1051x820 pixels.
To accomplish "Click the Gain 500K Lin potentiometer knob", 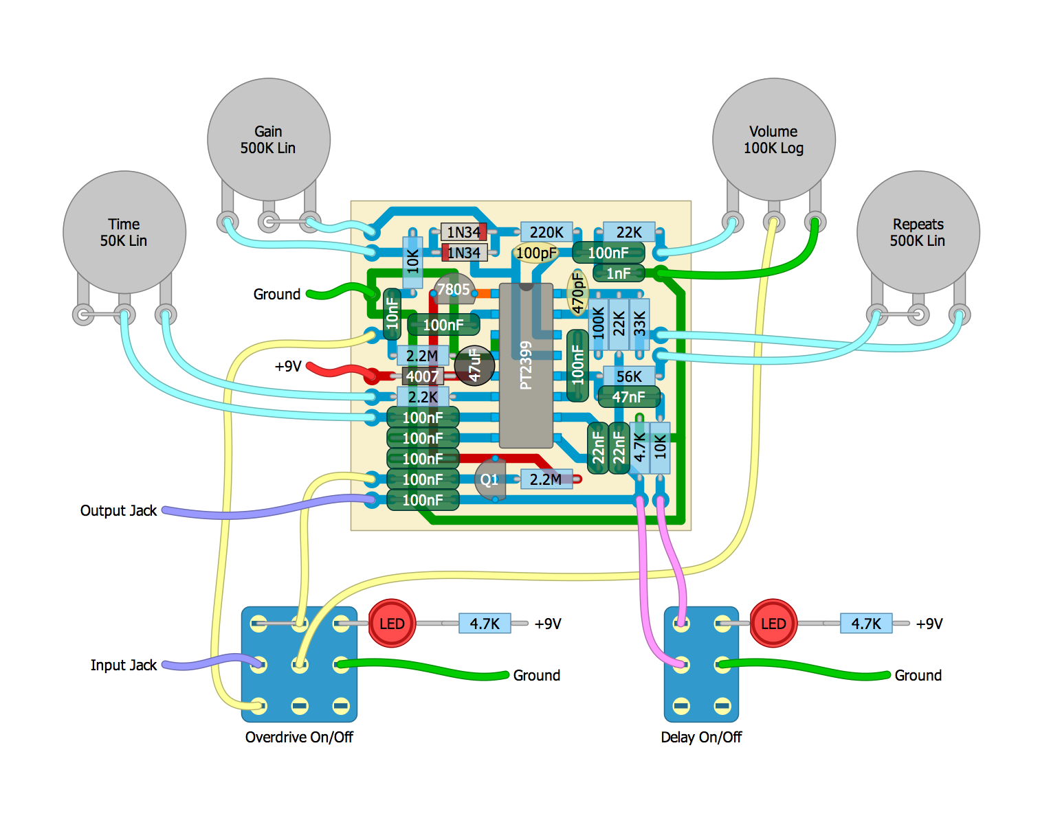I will [x=269, y=139].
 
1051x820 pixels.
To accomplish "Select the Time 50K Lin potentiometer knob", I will [x=124, y=232].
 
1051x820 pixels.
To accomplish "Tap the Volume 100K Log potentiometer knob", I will [x=774, y=139].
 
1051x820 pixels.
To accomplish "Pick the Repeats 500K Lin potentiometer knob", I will [x=918, y=232].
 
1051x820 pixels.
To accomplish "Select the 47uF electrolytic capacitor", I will [x=474, y=365].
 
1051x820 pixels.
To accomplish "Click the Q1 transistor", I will [x=490, y=479].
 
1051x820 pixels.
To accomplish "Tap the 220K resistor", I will [x=546, y=232].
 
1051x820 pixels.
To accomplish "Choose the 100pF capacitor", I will [x=536, y=253].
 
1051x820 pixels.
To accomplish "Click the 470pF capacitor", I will [x=577, y=293].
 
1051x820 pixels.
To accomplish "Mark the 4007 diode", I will [x=422, y=376].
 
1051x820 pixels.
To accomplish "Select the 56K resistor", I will [x=629, y=376].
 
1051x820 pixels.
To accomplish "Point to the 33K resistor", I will [x=639, y=324].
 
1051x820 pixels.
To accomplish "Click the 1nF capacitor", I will [x=619, y=273].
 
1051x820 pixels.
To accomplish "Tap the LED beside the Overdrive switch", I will [x=392, y=624].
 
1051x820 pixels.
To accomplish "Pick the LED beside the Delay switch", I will [x=773, y=624].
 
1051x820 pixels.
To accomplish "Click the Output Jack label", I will [x=118, y=511].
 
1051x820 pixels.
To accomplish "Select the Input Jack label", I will [x=124, y=665].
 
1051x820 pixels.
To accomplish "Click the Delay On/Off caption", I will [x=701, y=738].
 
